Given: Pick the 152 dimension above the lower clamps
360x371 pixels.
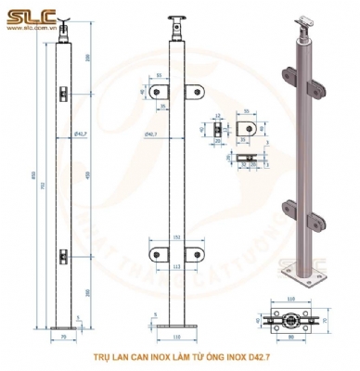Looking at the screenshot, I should [x=176, y=238].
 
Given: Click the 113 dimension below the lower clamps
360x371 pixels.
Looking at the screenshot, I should [x=176, y=266].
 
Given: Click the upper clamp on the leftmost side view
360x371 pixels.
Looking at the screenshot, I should [x=61, y=92].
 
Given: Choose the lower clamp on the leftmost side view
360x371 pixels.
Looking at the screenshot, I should [x=61, y=252].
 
